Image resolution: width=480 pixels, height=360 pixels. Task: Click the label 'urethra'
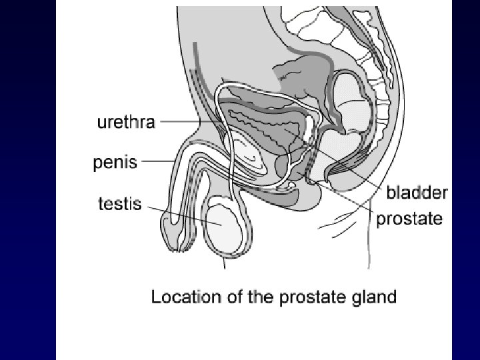(126, 123)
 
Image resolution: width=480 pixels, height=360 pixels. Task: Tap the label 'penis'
(116, 162)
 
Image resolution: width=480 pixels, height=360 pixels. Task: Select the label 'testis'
(120, 203)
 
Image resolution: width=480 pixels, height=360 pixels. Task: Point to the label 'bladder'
(418, 193)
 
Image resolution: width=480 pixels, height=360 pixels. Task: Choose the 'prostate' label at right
(410, 219)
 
